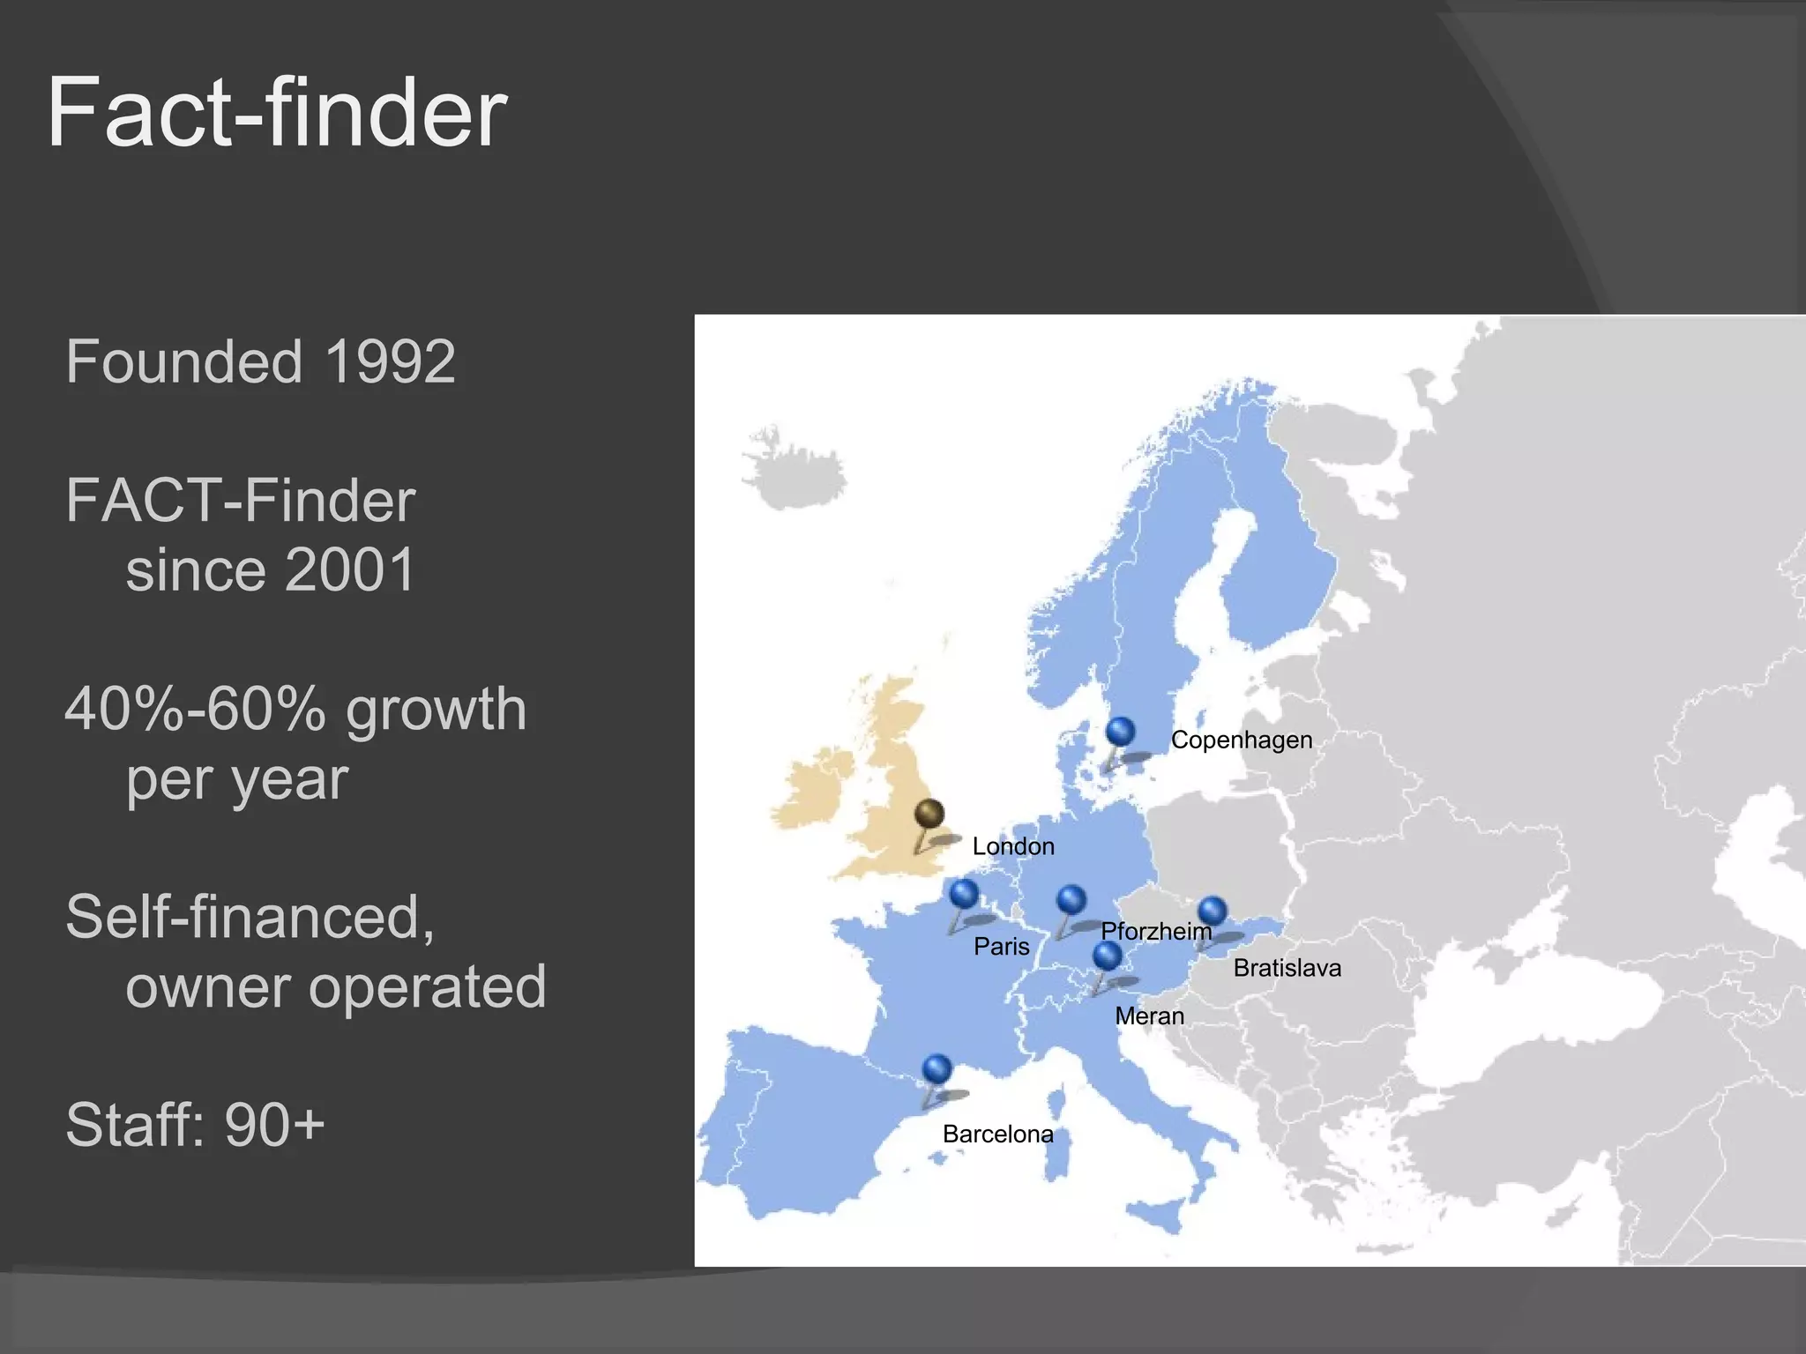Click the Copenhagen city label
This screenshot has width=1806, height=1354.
click(x=1241, y=740)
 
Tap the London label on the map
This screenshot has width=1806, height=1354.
click(x=1013, y=846)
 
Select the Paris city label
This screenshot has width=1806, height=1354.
click(x=1001, y=946)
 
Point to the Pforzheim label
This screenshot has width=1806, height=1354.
click(x=1156, y=931)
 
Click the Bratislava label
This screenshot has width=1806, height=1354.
click(x=1287, y=968)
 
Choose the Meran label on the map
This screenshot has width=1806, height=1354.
click(x=1149, y=1015)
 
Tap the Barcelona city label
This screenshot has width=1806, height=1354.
click(x=997, y=1134)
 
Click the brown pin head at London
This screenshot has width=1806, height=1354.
click(x=929, y=813)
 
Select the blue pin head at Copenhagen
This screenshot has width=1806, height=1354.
click(x=1120, y=731)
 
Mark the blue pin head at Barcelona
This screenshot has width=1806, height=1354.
click(x=937, y=1068)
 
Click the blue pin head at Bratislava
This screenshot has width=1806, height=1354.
click(x=1213, y=911)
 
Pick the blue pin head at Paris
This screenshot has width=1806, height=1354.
click(x=964, y=893)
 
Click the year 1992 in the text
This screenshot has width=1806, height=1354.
click(x=390, y=361)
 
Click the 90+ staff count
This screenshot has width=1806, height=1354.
click(x=274, y=1125)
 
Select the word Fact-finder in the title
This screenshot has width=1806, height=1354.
click(x=277, y=112)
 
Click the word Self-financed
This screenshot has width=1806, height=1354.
click(x=250, y=917)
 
